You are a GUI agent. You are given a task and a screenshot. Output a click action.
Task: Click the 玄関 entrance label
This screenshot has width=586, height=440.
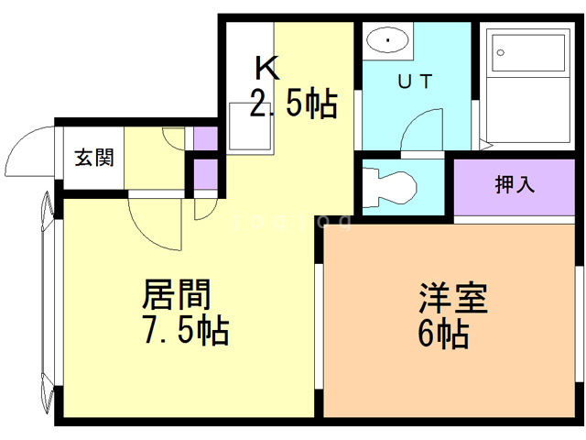pos(93,158)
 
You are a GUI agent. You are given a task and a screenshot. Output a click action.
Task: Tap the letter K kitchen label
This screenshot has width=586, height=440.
pos(266,67)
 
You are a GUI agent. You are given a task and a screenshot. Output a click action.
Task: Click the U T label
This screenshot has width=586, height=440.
pos(415,81)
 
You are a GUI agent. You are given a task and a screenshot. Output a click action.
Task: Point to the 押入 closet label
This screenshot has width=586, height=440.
pos(515,184)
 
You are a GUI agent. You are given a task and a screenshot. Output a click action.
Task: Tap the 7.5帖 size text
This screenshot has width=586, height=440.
pos(185,330)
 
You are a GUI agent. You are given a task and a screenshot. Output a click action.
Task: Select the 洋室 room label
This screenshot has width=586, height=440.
pos(452,299)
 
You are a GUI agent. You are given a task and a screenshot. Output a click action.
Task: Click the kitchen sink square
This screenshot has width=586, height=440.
pos(250,126)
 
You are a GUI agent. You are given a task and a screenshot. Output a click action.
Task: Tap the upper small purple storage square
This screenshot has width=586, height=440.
pos(206,140)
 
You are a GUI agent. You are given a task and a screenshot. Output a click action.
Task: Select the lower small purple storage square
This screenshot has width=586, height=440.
pos(206,173)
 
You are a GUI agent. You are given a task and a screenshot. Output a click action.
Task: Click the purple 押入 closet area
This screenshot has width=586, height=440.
pos(515,187)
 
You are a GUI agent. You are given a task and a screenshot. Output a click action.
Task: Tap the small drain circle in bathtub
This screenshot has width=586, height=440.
pos(501,52)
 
